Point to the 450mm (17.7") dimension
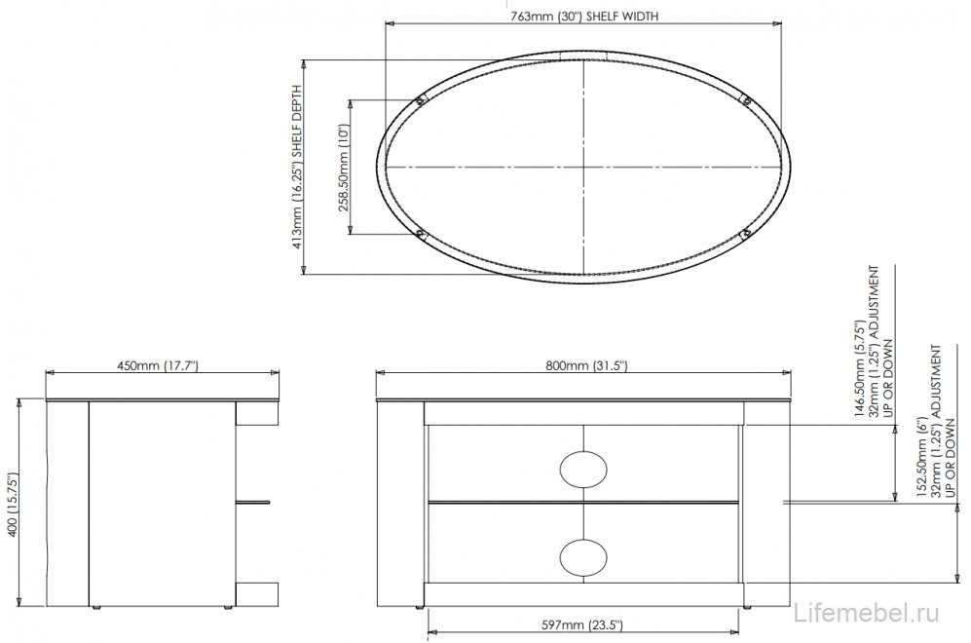point(158,366)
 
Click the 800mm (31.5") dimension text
point(585,366)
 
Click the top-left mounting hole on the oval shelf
point(421,99)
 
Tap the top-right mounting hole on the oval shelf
point(745,98)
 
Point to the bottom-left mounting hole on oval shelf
point(421,233)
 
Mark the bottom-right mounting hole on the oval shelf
point(745,233)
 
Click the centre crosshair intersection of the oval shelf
point(582,166)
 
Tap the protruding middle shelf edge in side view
point(255,503)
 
